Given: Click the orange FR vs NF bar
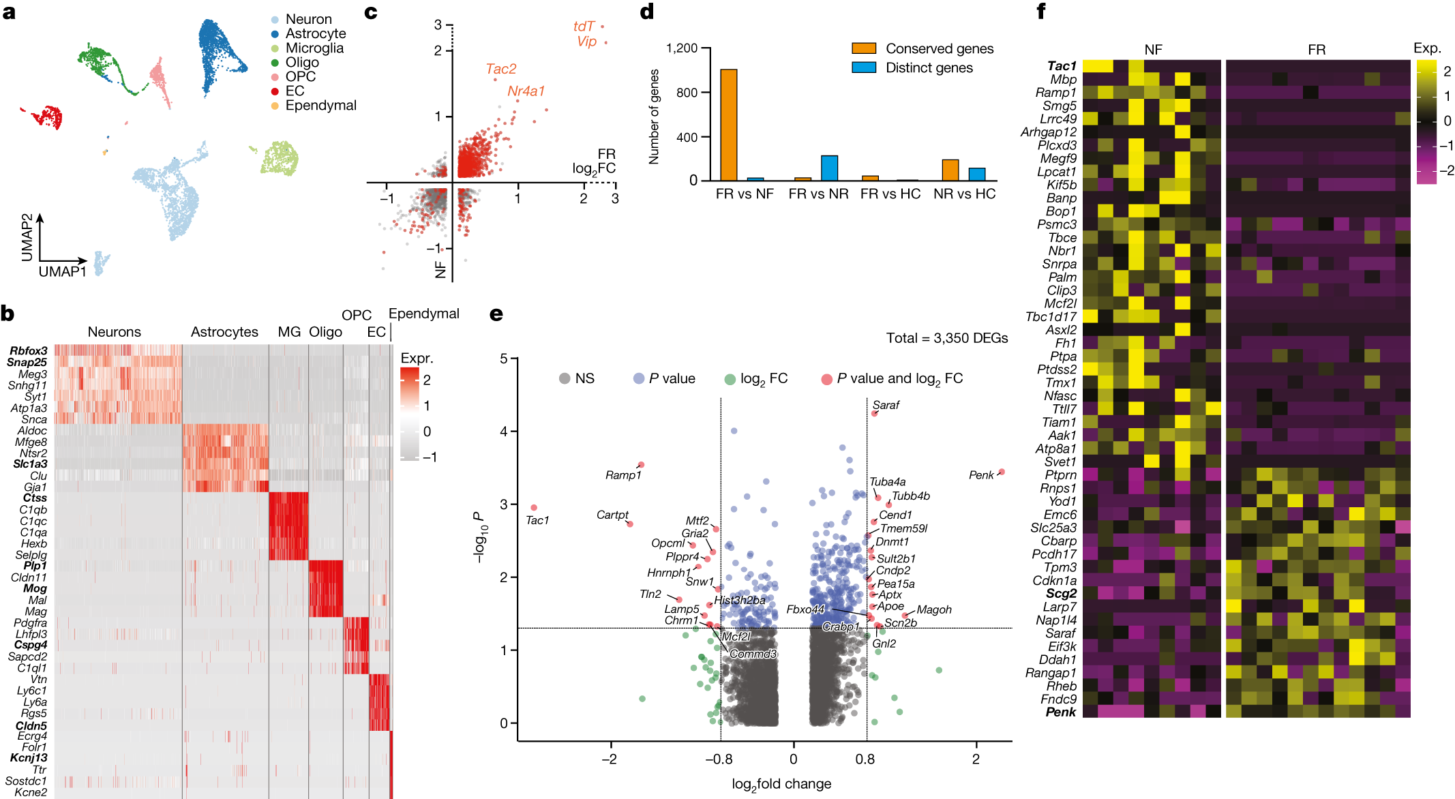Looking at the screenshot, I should coord(728,125).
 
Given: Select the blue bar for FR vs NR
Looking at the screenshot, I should coord(829,168).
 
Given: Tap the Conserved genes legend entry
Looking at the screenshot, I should coord(939,48).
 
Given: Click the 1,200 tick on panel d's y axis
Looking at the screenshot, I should coord(681,48).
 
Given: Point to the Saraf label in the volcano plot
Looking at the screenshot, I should coord(886,405).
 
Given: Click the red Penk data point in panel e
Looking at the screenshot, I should coord(1002,472).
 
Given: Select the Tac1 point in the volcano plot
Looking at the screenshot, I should coord(534,508).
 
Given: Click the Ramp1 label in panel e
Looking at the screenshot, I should coord(623,475).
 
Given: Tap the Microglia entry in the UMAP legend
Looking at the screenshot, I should coord(314,48).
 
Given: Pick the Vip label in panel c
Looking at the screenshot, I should coord(586,42).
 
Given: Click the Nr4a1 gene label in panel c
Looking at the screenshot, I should coord(526,91).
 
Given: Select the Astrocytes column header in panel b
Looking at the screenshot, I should coord(224,332).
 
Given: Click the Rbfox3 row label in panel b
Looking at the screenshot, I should coord(29,350).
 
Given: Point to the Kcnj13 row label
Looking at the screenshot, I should coord(29,758).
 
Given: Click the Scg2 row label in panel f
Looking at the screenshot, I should coord(1061,594).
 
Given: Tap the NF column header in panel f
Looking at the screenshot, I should coord(1153,50).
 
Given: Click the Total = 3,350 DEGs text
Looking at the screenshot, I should coord(946,338).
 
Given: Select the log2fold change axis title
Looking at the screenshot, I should coord(781,784).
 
